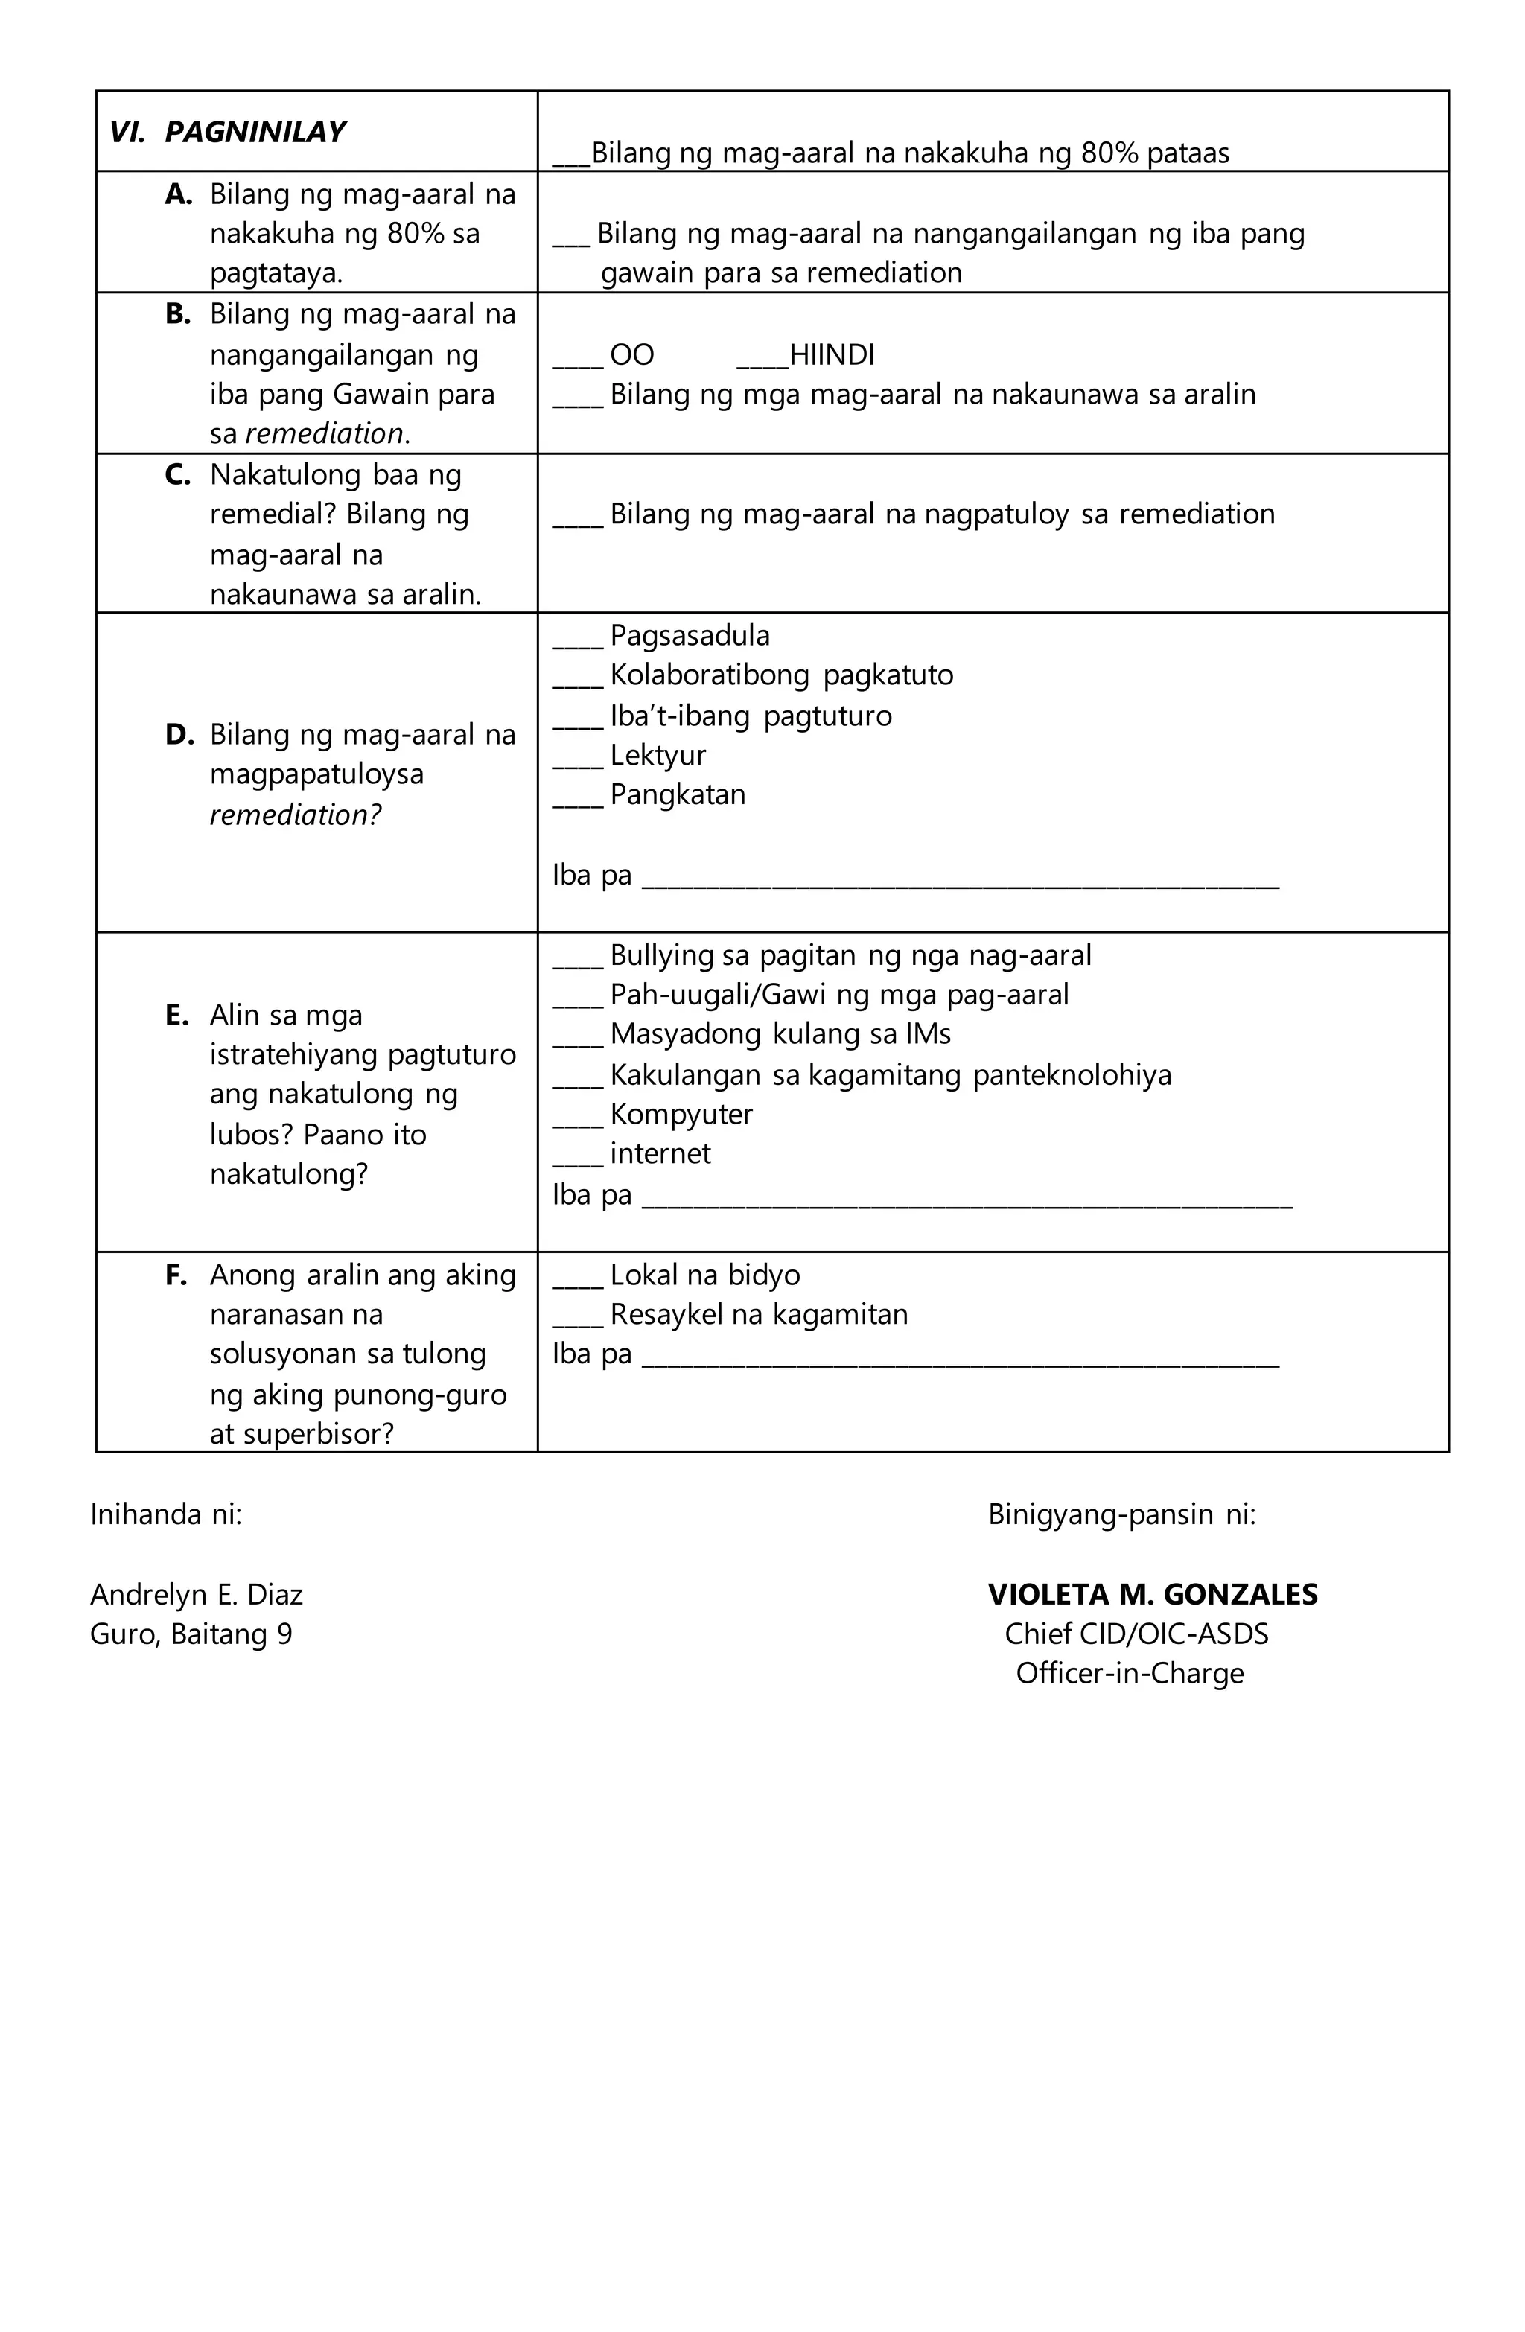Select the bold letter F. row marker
click(x=176, y=1275)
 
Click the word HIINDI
click(x=830, y=354)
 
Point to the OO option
click(x=631, y=354)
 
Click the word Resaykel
click(x=664, y=1315)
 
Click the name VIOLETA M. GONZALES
click(x=1152, y=1594)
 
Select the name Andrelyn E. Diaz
click(x=196, y=1594)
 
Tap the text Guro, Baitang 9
click(x=191, y=1634)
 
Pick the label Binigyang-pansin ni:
click(x=1121, y=1514)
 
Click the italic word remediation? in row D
click(x=295, y=815)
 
